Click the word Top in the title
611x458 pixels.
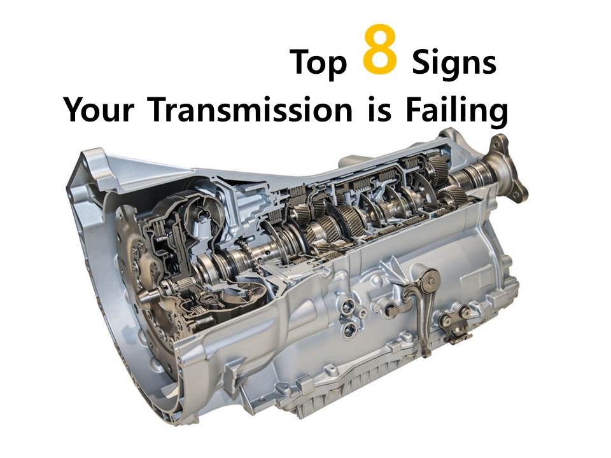(x=318, y=62)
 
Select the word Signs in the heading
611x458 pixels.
(x=454, y=64)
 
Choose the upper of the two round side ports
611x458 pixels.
(x=349, y=310)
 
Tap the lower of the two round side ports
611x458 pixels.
(x=349, y=330)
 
